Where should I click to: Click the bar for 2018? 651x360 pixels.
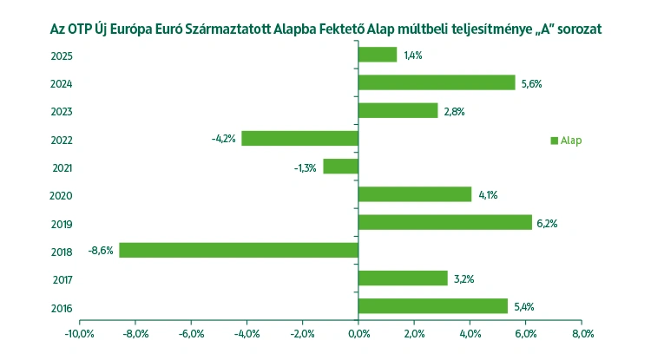239,250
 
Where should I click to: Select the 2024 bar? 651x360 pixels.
437,82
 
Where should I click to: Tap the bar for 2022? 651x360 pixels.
299,138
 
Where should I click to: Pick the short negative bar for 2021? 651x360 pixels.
340,166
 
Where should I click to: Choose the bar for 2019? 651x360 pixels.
444,222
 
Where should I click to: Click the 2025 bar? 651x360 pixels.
378,55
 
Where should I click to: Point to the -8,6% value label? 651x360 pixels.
101,251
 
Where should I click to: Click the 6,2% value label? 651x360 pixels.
547,223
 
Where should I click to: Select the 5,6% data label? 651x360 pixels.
530,83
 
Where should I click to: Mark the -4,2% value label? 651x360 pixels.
223,139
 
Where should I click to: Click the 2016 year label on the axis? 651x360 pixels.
62,307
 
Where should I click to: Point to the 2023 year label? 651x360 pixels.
62,112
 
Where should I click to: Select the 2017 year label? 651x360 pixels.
62,279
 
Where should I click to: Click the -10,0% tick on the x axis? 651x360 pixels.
79,333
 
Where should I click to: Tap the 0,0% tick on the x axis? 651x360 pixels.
358,333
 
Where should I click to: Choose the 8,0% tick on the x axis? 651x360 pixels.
582,333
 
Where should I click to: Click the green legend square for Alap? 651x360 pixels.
554,141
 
